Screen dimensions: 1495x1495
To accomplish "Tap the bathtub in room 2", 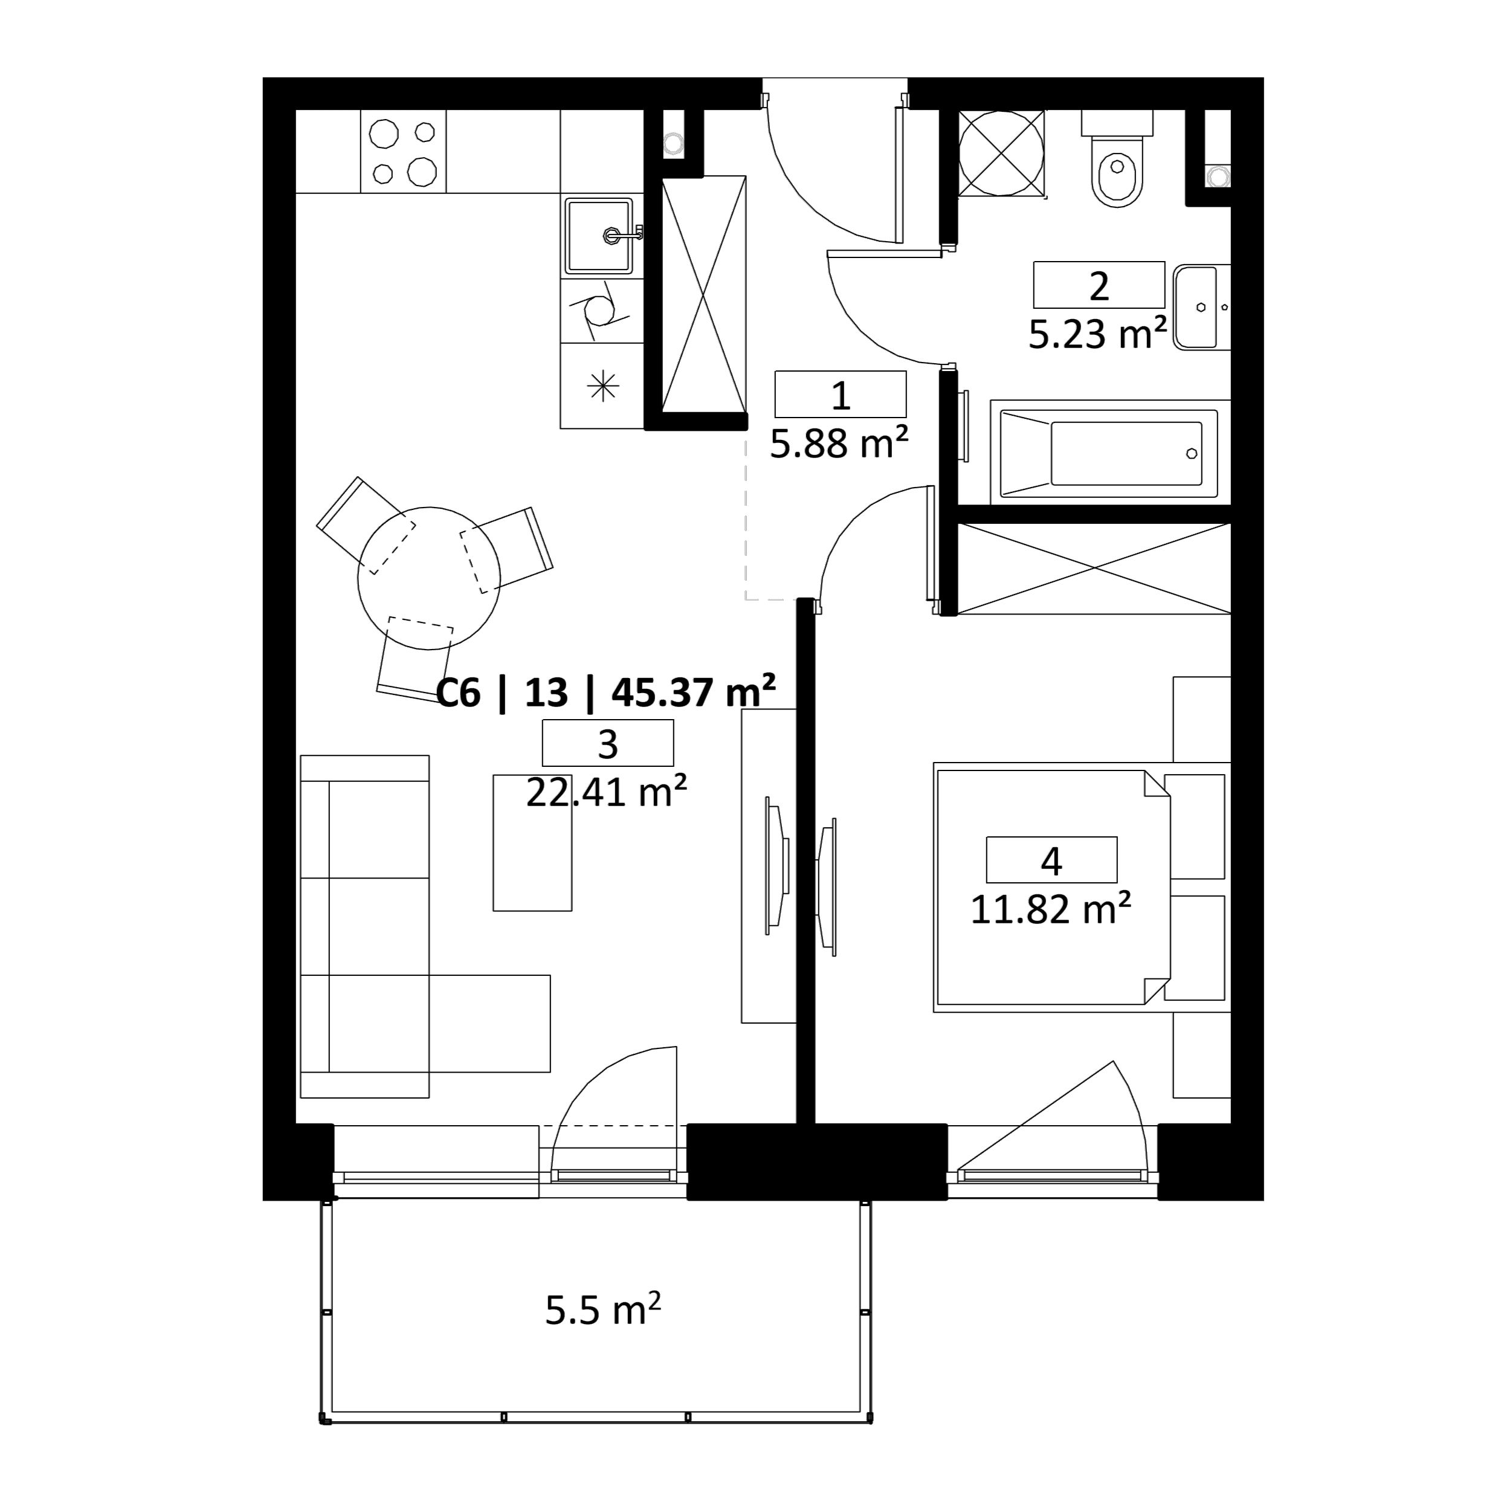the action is click(1109, 453).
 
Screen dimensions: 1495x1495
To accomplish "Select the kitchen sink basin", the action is click(599, 236).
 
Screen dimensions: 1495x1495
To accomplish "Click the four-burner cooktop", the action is click(403, 152).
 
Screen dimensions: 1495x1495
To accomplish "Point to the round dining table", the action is click(428, 578).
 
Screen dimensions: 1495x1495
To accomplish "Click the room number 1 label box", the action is click(841, 395).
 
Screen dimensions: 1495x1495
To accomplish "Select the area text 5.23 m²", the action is click(1097, 334).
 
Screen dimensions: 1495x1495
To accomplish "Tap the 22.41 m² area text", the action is click(607, 792).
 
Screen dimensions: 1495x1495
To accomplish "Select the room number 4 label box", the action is click(1051, 860).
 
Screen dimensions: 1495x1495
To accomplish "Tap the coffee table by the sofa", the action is click(532, 843).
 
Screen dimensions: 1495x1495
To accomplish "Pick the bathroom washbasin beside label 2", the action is click(1201, 307).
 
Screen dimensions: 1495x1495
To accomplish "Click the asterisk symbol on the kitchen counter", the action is click(603, 386).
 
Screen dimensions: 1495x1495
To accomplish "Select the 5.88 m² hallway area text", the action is click(839, 444).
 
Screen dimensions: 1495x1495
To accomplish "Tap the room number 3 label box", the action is click(607, 743).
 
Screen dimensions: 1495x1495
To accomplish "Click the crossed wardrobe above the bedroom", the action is click(1094, 569).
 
